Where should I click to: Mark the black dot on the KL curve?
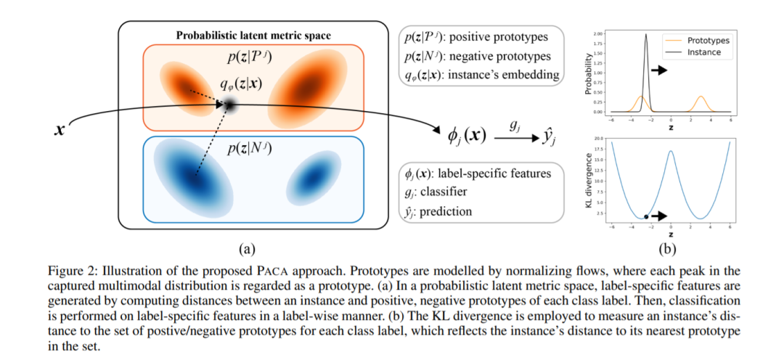click(x=646, y=216)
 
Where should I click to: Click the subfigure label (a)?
click(x=246, y=248)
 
